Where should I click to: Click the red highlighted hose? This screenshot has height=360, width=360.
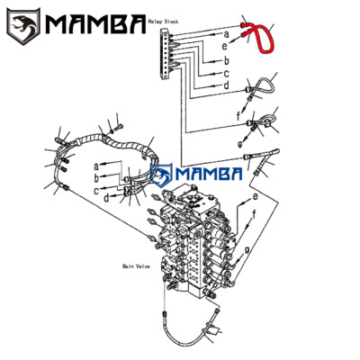[x=263, y=40]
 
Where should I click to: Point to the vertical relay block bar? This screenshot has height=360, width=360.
[x=164, y=55]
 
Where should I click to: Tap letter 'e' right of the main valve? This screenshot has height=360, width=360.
[x=255, y=196]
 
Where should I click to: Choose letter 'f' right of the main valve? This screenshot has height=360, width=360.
[x=255, y=214]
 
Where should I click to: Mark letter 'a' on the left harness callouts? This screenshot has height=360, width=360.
[x=94, y=166]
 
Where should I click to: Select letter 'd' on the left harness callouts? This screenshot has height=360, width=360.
[x=106, y=195]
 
